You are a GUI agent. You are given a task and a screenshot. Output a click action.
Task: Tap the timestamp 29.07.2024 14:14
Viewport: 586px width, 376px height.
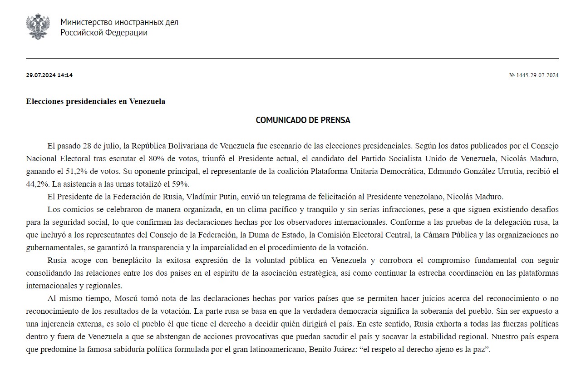[49, 75]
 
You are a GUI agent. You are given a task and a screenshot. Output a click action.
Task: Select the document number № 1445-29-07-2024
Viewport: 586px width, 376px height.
[533, 75]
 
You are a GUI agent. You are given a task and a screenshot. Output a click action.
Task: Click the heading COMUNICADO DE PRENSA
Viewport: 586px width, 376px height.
[303, 120]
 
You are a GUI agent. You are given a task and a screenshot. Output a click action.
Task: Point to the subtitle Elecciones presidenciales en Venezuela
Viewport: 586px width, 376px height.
[95, 101]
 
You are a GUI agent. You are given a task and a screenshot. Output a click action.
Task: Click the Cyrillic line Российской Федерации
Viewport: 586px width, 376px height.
[104, 33]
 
